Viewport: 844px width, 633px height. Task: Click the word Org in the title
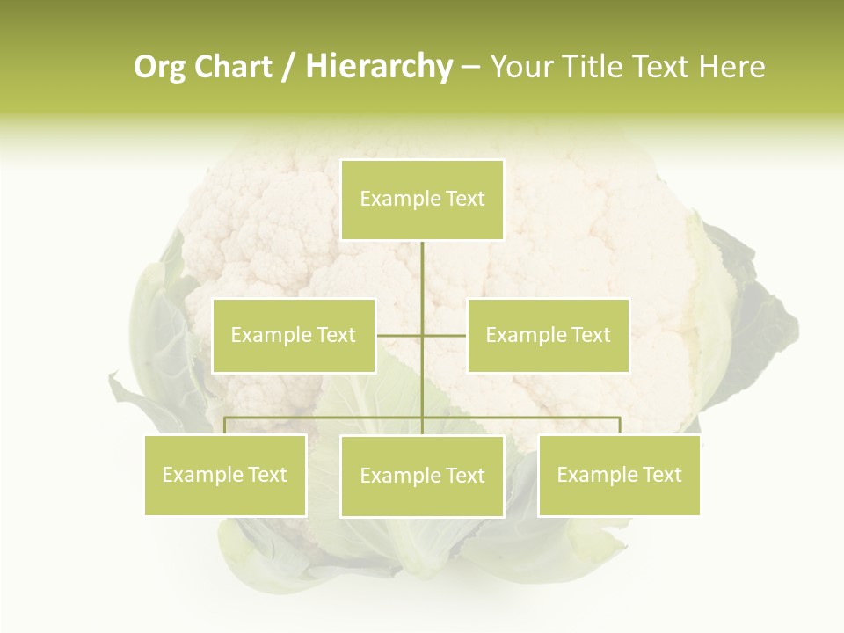[x=160, y=67]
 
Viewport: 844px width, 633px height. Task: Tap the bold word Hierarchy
[x=378, y=67]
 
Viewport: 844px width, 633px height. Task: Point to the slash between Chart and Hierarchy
[x=289, y=67]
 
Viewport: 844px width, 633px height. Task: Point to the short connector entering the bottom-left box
[x=225, y=426]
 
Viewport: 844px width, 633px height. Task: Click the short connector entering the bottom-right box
[x=620, y=426]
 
